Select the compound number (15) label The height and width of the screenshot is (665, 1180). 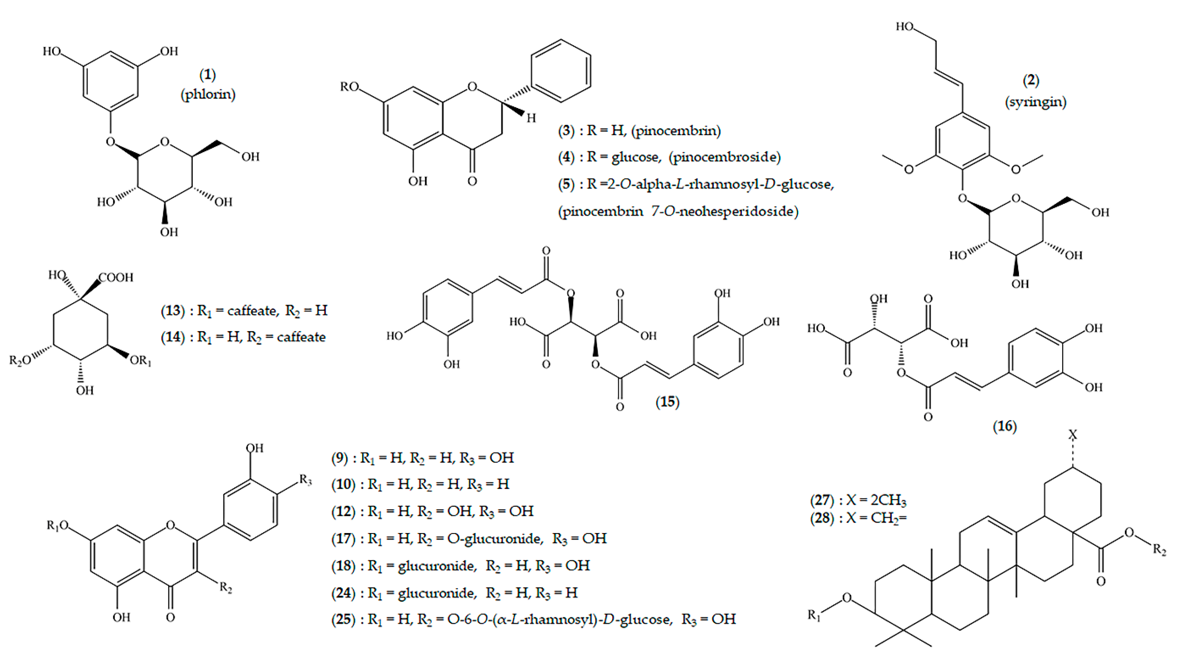click(x=667, y=402)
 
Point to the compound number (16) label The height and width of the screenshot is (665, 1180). click(x=1005, y=426)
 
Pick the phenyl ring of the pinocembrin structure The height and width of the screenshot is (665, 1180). click(x=561, y=71)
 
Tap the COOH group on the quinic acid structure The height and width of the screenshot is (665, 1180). click(x=116, y=277)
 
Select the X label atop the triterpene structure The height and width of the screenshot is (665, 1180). click(x=1073, y=434)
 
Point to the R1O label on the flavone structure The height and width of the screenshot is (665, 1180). click(x=58, y=525)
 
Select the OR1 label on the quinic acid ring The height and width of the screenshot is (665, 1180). click(x=140, y=361)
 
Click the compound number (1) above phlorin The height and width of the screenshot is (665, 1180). click(x=207, y=74)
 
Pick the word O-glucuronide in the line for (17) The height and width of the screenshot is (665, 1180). click(x=495, y=539)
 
